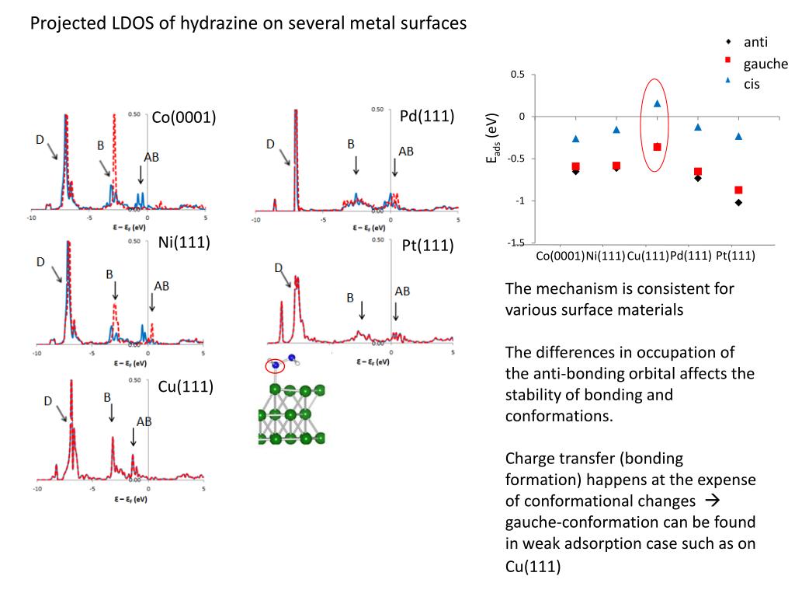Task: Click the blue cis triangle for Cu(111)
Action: pyautogui.click(x=657, y=103)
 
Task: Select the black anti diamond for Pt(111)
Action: pyautogui.click(x=738, y=202)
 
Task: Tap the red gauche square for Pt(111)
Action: pyautogui.click(x=738, y=190)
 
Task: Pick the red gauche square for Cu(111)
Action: pyautogui.click(x=657, y=147)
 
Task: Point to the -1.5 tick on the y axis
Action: pyautogui.click(x=516, y=243)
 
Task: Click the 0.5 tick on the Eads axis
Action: pyautogui.click(x=518, y=75)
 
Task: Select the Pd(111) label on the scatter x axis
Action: pyautogui.click(x=691, y=255)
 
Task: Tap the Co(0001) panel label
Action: pyautogui.click(x=183, y=117)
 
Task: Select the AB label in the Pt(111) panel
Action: pyautogui.click(x=403, y=291)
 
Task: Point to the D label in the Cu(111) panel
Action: pyautogui.click(x=47, y=401)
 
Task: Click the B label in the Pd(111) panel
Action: pyautogui.click(x=350, y=144)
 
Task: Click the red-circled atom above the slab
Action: pyautogui.click(x=275, y=365)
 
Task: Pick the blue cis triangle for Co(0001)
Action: pyautogui.click(x=575, y=138)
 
